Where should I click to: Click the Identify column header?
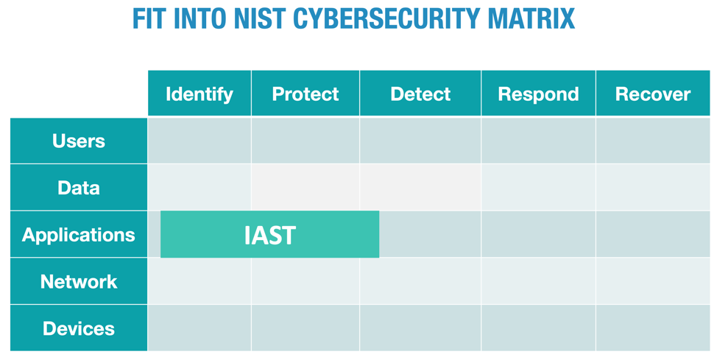[199, 93]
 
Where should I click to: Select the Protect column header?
[305, 93]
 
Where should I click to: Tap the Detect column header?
[420, 93]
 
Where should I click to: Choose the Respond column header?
[538, 93]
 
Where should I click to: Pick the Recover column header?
[653, 93]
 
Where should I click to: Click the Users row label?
[79, 141]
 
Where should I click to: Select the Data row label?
[79, 188]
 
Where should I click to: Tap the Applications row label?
[79, 235]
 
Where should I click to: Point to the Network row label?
[79, 281]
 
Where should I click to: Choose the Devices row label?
[79, 328]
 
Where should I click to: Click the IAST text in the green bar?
[269, 235]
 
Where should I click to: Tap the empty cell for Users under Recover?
[653, 141]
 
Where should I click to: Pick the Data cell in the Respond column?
[538, 188]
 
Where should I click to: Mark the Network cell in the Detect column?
[420, 281]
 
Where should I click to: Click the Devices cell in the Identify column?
[199, 328]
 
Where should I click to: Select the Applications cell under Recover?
[653, 235]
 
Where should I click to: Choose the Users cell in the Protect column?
[305, 141]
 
